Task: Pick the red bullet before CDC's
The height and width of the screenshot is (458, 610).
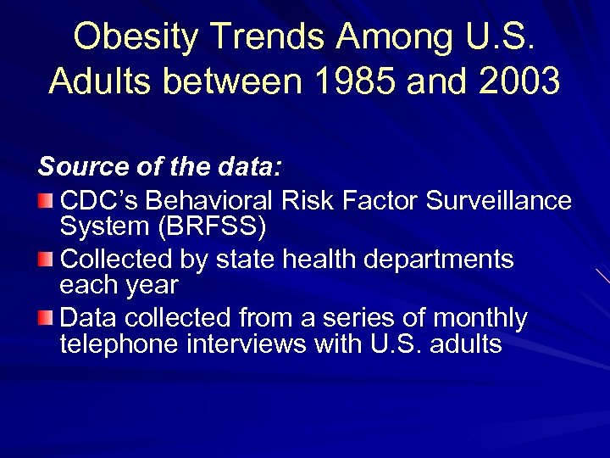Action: point(47,201)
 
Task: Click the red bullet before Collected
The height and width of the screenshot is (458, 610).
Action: point(47,260)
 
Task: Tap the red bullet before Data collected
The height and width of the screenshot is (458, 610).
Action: point(47,319)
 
